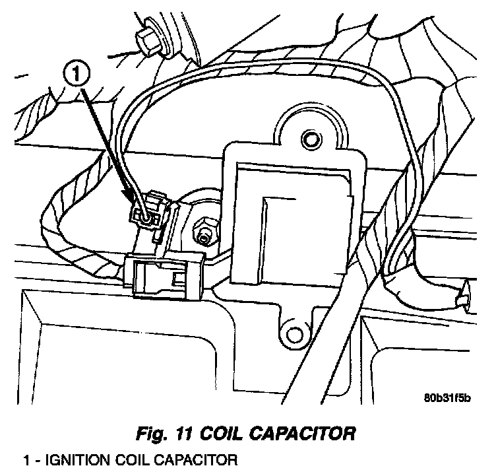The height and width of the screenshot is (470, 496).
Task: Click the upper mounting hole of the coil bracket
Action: [x=309, y=137]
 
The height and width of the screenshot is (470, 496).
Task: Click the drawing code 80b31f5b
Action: [x=449, y=398]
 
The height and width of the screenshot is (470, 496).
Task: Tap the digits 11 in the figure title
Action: [x=185, y=434]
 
